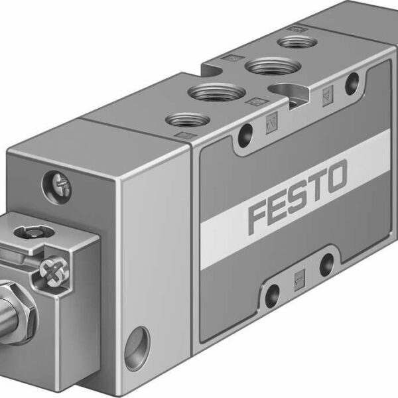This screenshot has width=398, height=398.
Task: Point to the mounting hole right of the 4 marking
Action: (x=352, y=82)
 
